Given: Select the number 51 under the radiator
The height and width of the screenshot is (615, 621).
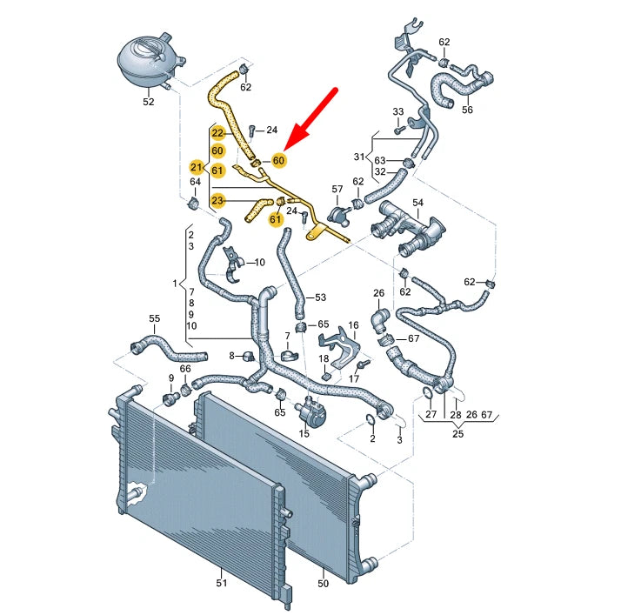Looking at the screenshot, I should point(221,583).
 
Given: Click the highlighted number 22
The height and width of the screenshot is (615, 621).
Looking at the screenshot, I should point(218,133).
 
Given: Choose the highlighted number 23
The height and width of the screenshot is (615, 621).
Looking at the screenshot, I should point(218,200).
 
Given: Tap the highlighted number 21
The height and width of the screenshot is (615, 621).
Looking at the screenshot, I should point(197,168).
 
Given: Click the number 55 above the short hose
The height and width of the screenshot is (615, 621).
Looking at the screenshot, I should point(155,319).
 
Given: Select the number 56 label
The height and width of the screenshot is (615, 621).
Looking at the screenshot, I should point(466,110).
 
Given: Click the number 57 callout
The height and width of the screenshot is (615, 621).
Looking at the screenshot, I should point(337,189).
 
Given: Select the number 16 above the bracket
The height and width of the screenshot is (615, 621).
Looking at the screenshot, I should point(353,325).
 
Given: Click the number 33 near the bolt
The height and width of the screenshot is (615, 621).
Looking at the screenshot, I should point(398,112).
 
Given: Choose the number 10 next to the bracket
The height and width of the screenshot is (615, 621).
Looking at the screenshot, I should point(258,262).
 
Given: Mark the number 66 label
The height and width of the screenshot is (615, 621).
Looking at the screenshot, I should point(184,370).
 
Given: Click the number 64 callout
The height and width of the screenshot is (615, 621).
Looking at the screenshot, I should point(195,182).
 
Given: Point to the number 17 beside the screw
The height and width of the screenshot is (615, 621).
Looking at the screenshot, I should point(354,378).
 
